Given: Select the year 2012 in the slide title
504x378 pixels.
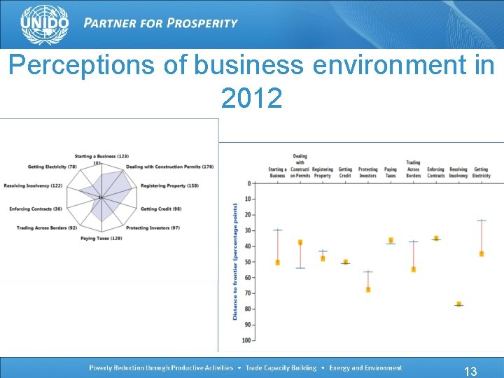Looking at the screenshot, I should [x=251, y=99].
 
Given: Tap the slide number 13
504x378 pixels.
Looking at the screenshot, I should [x=470, y=371].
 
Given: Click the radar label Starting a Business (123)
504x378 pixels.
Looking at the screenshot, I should [x=102, y=155].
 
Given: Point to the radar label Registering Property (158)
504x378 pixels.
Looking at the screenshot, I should [x=169, y=185].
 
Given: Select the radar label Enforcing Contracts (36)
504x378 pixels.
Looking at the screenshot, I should [x=36, y=209].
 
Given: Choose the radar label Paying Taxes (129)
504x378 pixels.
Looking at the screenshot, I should [x=101, y=239].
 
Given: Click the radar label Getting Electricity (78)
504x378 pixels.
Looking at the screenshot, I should [x=52, y=167].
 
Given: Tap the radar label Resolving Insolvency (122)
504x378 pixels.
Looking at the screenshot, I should [x=33, y=185].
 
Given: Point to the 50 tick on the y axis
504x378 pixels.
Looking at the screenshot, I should [x=248, y=262].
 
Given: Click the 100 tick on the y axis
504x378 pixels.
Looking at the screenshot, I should [x=246, y=340].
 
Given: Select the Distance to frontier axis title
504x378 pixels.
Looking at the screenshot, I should [x=235, y=262].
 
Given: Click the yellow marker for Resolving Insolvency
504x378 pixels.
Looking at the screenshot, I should [x=458, y=304].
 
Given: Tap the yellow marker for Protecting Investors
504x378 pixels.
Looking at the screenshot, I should [x=368, y=289].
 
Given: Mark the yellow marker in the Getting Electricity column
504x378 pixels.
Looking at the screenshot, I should [x=482, y=253].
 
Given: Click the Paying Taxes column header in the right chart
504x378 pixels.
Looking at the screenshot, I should [x=391, y=172].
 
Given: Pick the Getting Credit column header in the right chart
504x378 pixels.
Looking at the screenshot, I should [x=345, y=172].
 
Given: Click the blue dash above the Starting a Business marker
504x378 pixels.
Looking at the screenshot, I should [x=278, y=230].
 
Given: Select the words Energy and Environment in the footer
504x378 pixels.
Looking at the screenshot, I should [x=366, y=367].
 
